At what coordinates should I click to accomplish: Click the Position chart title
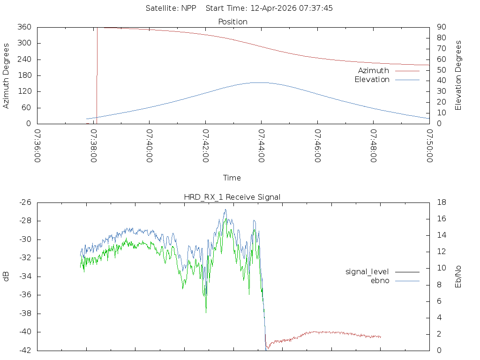point(232,22)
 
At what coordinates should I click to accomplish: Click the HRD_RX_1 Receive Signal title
point(232,197)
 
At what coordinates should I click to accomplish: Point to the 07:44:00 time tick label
point(262,146)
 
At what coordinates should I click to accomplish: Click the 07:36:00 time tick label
point(37,146)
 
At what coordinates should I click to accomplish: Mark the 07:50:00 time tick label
point(429,146)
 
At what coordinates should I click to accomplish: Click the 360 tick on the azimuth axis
point(24,27)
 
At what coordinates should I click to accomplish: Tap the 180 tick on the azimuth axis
point(24,75)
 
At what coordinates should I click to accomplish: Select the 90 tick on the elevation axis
point(442,27)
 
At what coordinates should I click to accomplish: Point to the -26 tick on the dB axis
point(25,202)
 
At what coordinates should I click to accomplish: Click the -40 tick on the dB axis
point(25,332)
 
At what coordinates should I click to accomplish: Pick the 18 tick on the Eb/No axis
point(442,202)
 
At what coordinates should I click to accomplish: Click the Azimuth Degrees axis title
point(6,76)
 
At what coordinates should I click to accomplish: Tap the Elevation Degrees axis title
point(458,75)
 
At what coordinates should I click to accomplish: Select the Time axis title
point(232,178)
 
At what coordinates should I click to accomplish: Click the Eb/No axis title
point(458,277)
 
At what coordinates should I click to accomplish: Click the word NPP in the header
point(188,8)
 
